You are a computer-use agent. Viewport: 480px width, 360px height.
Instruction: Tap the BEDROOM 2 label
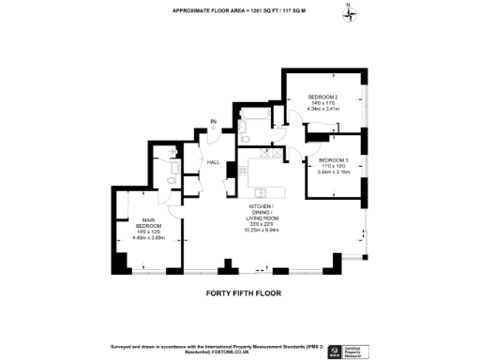tap(323, 97)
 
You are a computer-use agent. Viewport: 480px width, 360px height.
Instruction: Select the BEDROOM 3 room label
tap(332, 160)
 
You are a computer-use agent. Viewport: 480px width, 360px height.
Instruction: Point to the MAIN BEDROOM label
tap(148, 224)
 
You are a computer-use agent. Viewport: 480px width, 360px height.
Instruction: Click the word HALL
tap(213, 162)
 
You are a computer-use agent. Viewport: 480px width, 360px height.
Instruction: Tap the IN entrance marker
tap(214, 121)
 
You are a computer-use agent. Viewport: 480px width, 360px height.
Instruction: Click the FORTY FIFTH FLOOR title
tap(243, 292)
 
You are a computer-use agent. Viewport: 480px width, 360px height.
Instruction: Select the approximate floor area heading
tap(240, 10)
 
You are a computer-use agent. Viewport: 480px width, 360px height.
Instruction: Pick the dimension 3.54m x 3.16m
tap(332, 172)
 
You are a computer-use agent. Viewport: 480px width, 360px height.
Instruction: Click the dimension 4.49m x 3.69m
tap(148, 238)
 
